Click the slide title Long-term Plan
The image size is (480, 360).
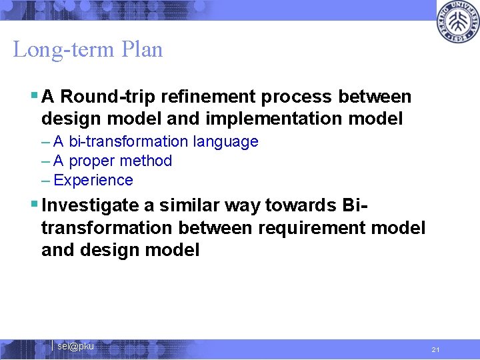(87, 50)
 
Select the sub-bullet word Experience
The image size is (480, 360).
(93, 180)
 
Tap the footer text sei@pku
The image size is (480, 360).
(75, 347)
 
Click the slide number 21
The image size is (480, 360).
(435, 349)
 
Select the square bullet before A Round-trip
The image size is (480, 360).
(34, 95)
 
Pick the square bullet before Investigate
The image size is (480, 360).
(34, 205)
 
